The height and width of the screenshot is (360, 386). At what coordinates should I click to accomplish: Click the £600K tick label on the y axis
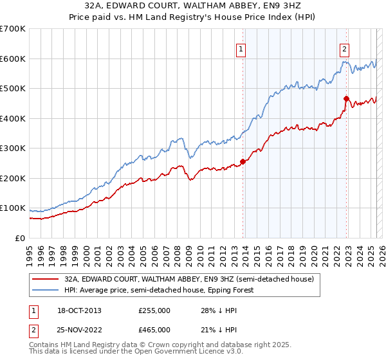tap(13, 59)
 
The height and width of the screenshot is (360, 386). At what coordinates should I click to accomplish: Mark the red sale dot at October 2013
tap(243, 161)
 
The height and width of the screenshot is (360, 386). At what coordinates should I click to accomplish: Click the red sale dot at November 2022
tap(346, 98)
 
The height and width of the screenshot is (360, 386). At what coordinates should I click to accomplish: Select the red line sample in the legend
tap(47, 279)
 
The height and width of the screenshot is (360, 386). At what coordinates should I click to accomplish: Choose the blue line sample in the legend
tap(47, 290)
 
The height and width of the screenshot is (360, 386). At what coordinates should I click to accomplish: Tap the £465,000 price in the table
tap(154, 329)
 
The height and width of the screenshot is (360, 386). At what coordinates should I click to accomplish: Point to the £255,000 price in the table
tap(154, 310)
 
